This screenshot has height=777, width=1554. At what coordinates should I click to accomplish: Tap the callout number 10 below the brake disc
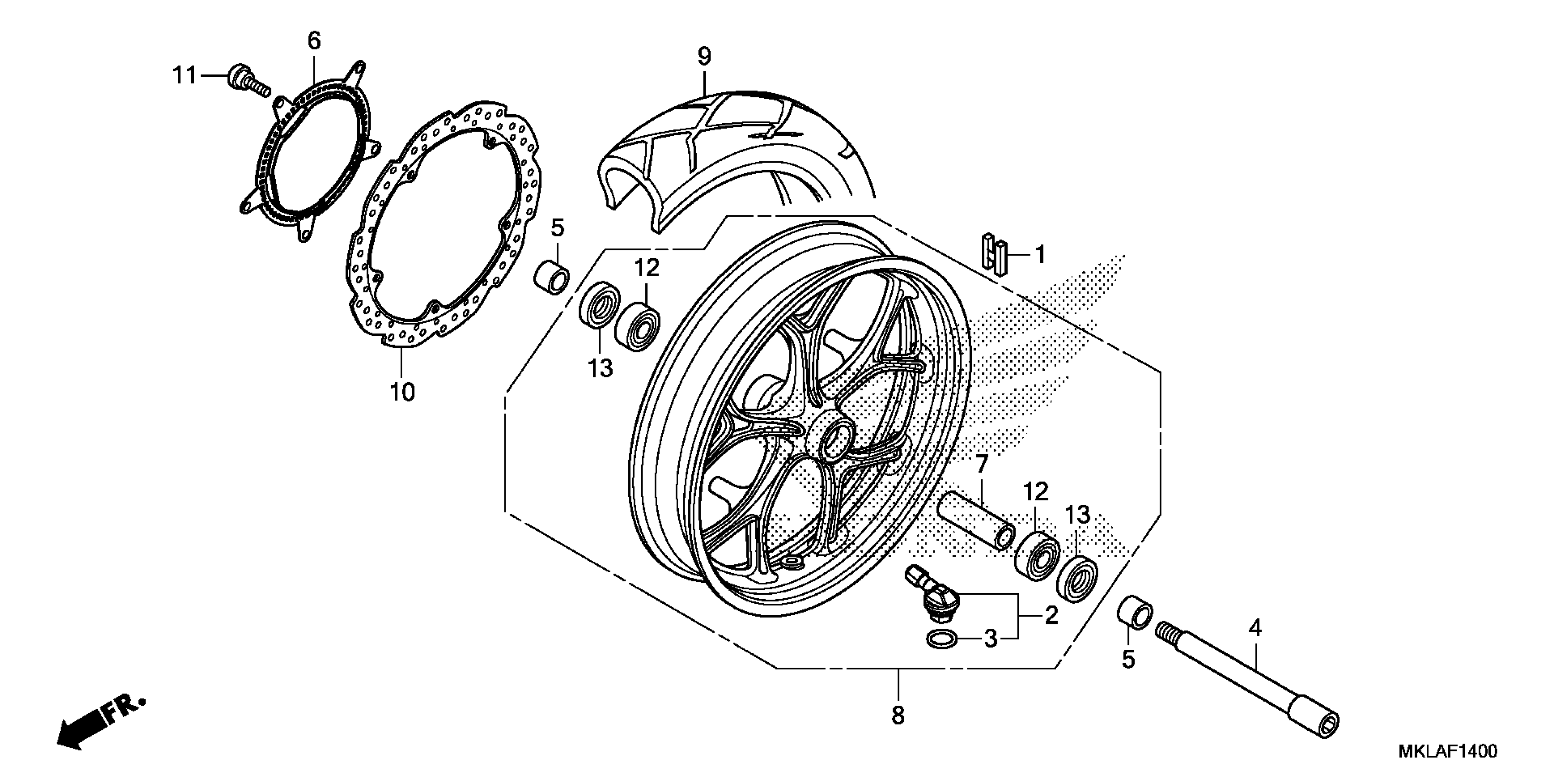pos(402,392)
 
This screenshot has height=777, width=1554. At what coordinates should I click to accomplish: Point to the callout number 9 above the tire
pos(704,56)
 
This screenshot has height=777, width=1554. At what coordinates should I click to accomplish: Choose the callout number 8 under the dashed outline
pos(898,715)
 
